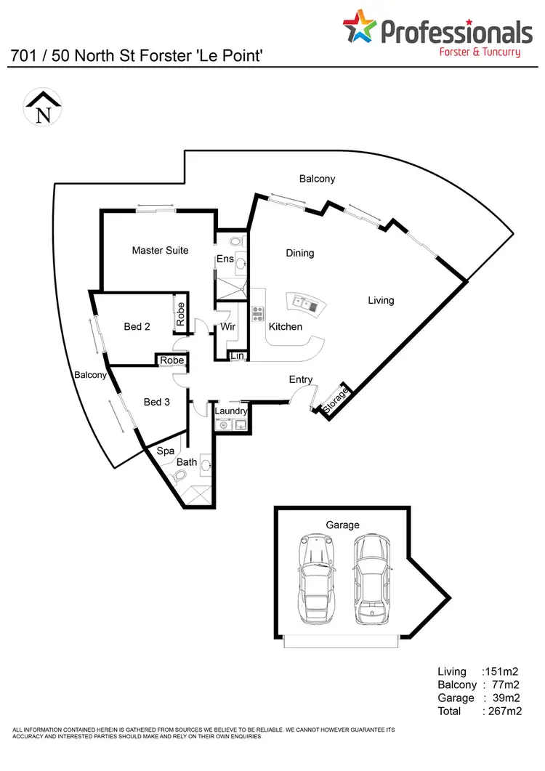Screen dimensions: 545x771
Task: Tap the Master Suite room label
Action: pos(160,251)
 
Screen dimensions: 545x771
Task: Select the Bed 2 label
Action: pos(137,327)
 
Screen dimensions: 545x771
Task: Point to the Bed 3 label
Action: pos(156,402)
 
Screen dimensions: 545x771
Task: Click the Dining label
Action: pos(299,254)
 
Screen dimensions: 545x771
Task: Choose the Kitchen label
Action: pos(286,327)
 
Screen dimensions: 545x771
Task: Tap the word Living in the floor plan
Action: pos(381,300)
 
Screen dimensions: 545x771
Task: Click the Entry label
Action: pos(301,379)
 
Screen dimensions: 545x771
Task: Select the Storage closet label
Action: pos(336,400)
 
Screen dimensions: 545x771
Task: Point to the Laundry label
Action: pos(231,411)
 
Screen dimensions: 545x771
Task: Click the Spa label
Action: pos(165,451)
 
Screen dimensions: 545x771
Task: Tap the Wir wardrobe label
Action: pos(228,328)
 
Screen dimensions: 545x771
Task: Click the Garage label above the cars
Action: pos(343,525)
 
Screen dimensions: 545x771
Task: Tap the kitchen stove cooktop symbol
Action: pos(257,314)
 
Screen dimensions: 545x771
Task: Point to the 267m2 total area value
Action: pos(504,711)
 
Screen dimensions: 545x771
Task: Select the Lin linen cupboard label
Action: pos(237,356)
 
